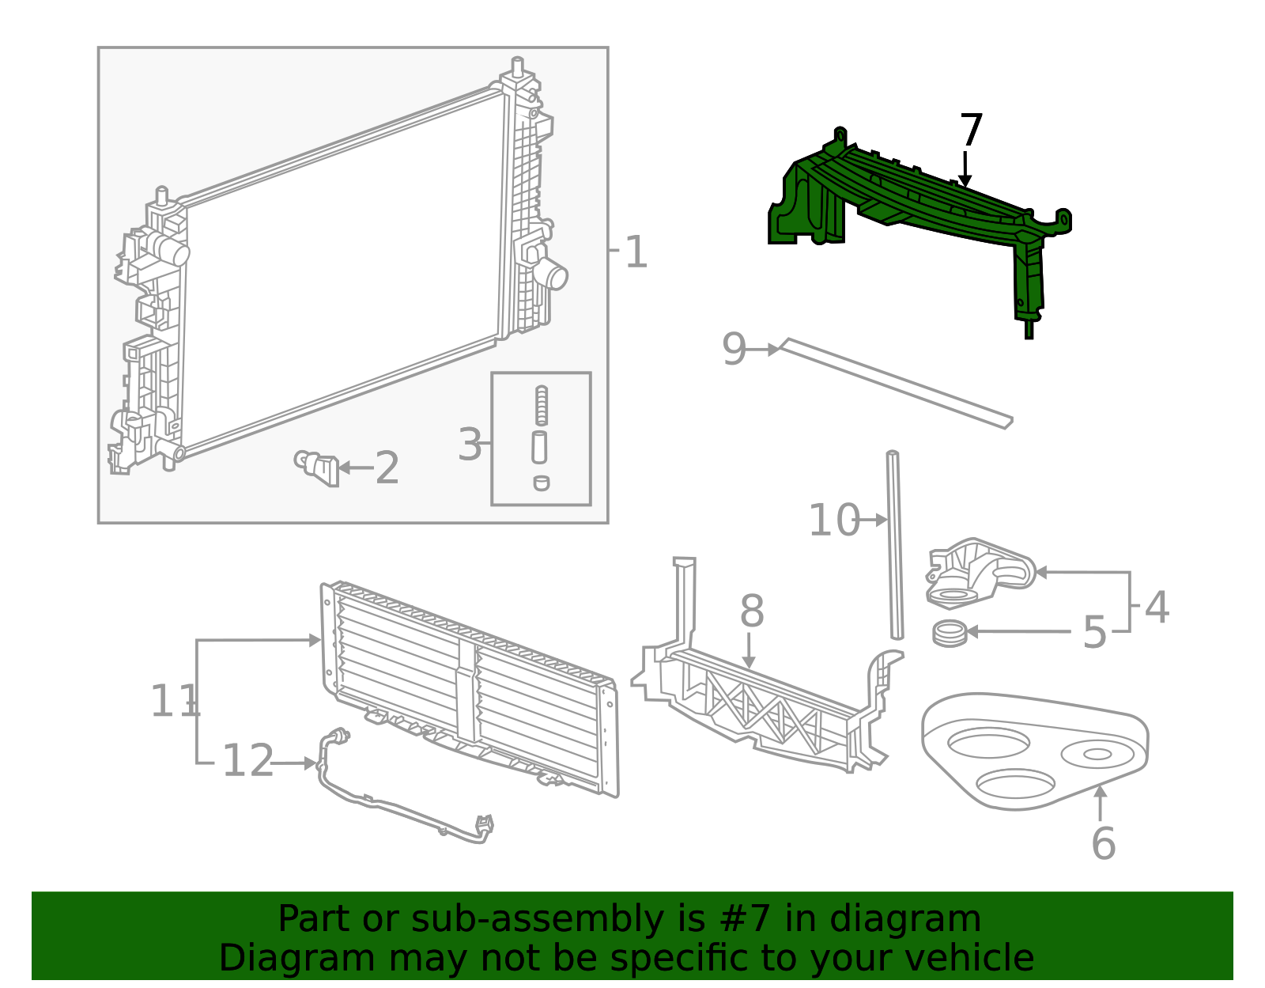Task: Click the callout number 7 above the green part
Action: click(971, 131)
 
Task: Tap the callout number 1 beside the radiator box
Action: click(636, 253)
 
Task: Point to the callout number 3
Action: click(470, 445)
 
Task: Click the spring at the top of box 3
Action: click(542, 405)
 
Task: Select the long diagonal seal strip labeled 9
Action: click(893, 384)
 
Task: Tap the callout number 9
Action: click(734, 350)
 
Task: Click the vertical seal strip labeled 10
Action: click(894, 546)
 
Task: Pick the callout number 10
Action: click(833, 521)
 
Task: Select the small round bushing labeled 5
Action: click(949, 633)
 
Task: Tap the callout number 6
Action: click(1103, 844)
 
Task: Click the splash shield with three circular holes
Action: click(1036, 751)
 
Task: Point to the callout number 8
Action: click(752, 612)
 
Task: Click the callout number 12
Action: click(247, 762)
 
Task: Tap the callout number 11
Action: click(174, 702)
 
